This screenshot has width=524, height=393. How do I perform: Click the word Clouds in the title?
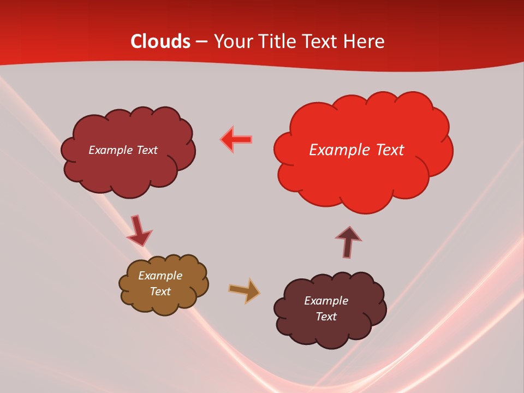(160, 41)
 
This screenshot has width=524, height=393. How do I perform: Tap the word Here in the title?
(364, 41)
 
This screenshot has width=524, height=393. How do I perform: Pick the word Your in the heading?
(233, 41)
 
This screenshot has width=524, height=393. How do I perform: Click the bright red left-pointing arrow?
(236, 139)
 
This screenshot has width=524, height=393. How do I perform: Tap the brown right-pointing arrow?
(244, 290)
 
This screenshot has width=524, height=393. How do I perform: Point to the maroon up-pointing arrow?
(348, 242)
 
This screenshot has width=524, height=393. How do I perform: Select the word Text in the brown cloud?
(160, 291)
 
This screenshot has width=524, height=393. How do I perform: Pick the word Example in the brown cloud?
(160, 276)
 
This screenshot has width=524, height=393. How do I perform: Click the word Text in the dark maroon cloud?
(326, 317)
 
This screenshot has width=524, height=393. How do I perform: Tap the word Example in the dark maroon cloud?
(326, 301)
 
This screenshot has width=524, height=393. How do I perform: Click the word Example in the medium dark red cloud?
(109, 150)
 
